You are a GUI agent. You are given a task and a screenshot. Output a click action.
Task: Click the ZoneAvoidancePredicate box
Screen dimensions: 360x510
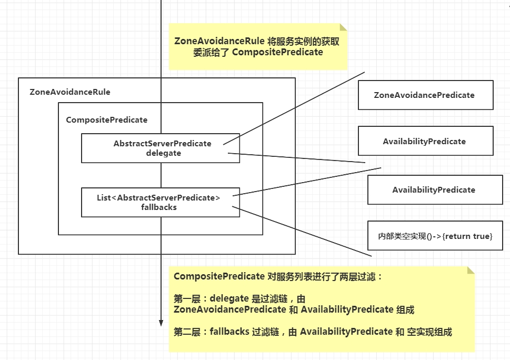tap(425, 95)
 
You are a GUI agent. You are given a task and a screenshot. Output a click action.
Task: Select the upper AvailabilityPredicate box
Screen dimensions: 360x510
tap(425, 141)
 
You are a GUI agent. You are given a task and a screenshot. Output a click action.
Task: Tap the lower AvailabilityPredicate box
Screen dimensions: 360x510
tap(434, 190)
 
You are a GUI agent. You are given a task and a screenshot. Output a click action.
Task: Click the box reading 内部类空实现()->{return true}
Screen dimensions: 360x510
tap(435, 236)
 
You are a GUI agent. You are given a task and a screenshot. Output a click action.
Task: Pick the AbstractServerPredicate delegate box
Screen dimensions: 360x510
tap(160, 148)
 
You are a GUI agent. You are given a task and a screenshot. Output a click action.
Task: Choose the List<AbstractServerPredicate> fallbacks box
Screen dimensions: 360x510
tap(160, 202)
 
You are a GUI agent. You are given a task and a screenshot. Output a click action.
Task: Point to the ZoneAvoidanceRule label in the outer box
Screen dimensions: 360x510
tap(70, 92)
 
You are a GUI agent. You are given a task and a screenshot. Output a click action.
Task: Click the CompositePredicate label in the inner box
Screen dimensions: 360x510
tap(107, 120)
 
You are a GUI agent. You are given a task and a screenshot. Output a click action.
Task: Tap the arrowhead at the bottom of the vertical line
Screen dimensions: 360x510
tap(161, 322)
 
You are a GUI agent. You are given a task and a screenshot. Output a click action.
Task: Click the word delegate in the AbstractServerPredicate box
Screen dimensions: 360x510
tap(163, 153)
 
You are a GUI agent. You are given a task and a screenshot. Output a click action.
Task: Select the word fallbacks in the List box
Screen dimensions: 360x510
tap(159, 207)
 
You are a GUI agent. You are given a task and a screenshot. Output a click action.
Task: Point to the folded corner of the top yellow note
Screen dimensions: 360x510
tap(343, 27)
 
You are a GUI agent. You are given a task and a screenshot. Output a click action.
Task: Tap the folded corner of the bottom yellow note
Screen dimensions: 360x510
tap(471, 271)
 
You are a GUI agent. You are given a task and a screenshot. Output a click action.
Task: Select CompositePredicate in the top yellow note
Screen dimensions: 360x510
tap(277, 52)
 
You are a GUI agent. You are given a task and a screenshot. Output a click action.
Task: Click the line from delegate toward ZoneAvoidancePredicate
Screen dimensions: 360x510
tap(295, 107)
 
